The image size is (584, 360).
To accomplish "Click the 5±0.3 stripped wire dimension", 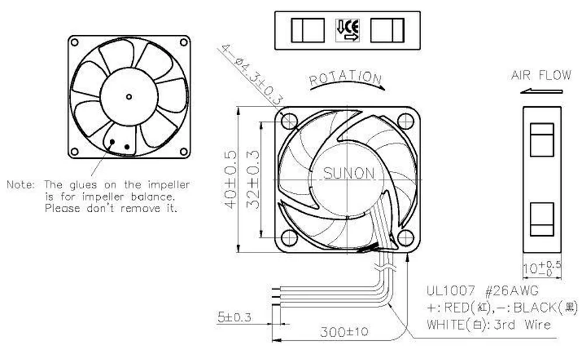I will pos(234,319).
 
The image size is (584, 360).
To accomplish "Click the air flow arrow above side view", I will pos(543,91).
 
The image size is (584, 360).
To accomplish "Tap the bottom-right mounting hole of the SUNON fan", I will pos(405,238).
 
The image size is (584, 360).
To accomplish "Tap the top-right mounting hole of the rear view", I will pos(183,42).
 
